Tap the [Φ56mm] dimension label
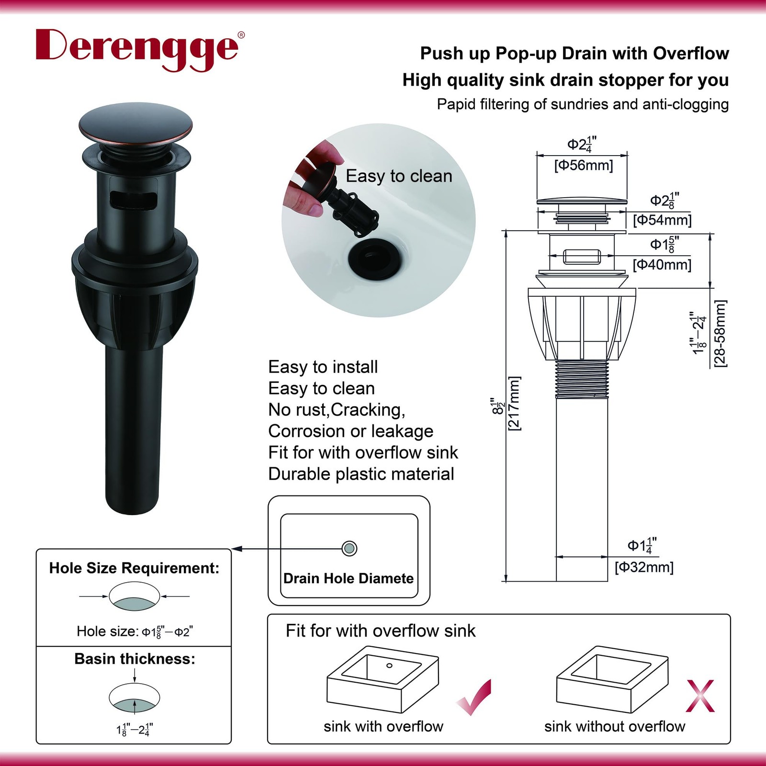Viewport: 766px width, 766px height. [584, 166]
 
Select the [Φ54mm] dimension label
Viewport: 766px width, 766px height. [662, 220]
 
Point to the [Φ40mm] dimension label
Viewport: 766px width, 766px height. [662, 264]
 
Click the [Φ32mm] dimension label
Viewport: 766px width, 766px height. [644, 567]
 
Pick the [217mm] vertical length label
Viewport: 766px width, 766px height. [514, 404]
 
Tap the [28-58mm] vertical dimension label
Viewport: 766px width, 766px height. [720, 333]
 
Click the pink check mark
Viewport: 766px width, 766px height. [474, 697]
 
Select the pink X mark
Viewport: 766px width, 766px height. [700, 696]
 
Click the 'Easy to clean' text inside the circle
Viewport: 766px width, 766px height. [399, 176]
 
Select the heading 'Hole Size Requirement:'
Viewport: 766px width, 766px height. [135, 568]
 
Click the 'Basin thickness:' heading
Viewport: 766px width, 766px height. [135, 659]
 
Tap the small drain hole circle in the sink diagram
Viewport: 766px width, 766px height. [349, 548]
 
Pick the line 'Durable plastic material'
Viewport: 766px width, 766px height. [361, 474]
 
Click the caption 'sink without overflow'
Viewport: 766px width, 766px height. [615, 726]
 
